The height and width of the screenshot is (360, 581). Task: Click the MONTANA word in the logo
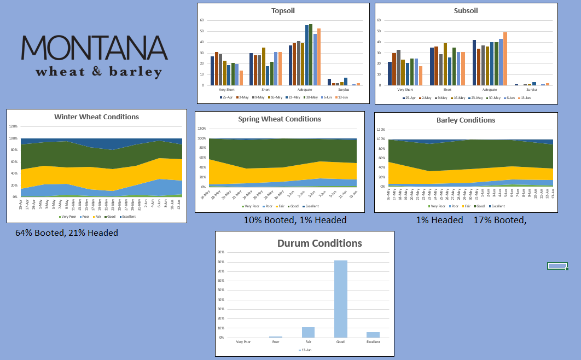click(94, 48)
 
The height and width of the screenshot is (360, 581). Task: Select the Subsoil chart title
click(466, 10)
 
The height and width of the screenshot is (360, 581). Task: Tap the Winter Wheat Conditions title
click(96, 117)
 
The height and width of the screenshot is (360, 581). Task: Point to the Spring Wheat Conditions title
click(280, 119)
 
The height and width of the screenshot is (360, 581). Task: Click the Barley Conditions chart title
click(466, 120)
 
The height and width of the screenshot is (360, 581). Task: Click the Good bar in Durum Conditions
click(341, 299)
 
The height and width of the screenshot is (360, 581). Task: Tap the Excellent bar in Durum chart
click(373, 334)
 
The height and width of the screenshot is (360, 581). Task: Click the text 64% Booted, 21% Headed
click(67, 233)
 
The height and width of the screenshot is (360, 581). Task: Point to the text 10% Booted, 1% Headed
click(295, 220)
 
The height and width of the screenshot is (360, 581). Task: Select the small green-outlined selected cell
click(557, 266)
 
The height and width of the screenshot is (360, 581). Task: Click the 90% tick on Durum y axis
click(221, 252)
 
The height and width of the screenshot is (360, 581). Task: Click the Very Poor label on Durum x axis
click(243, 342)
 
